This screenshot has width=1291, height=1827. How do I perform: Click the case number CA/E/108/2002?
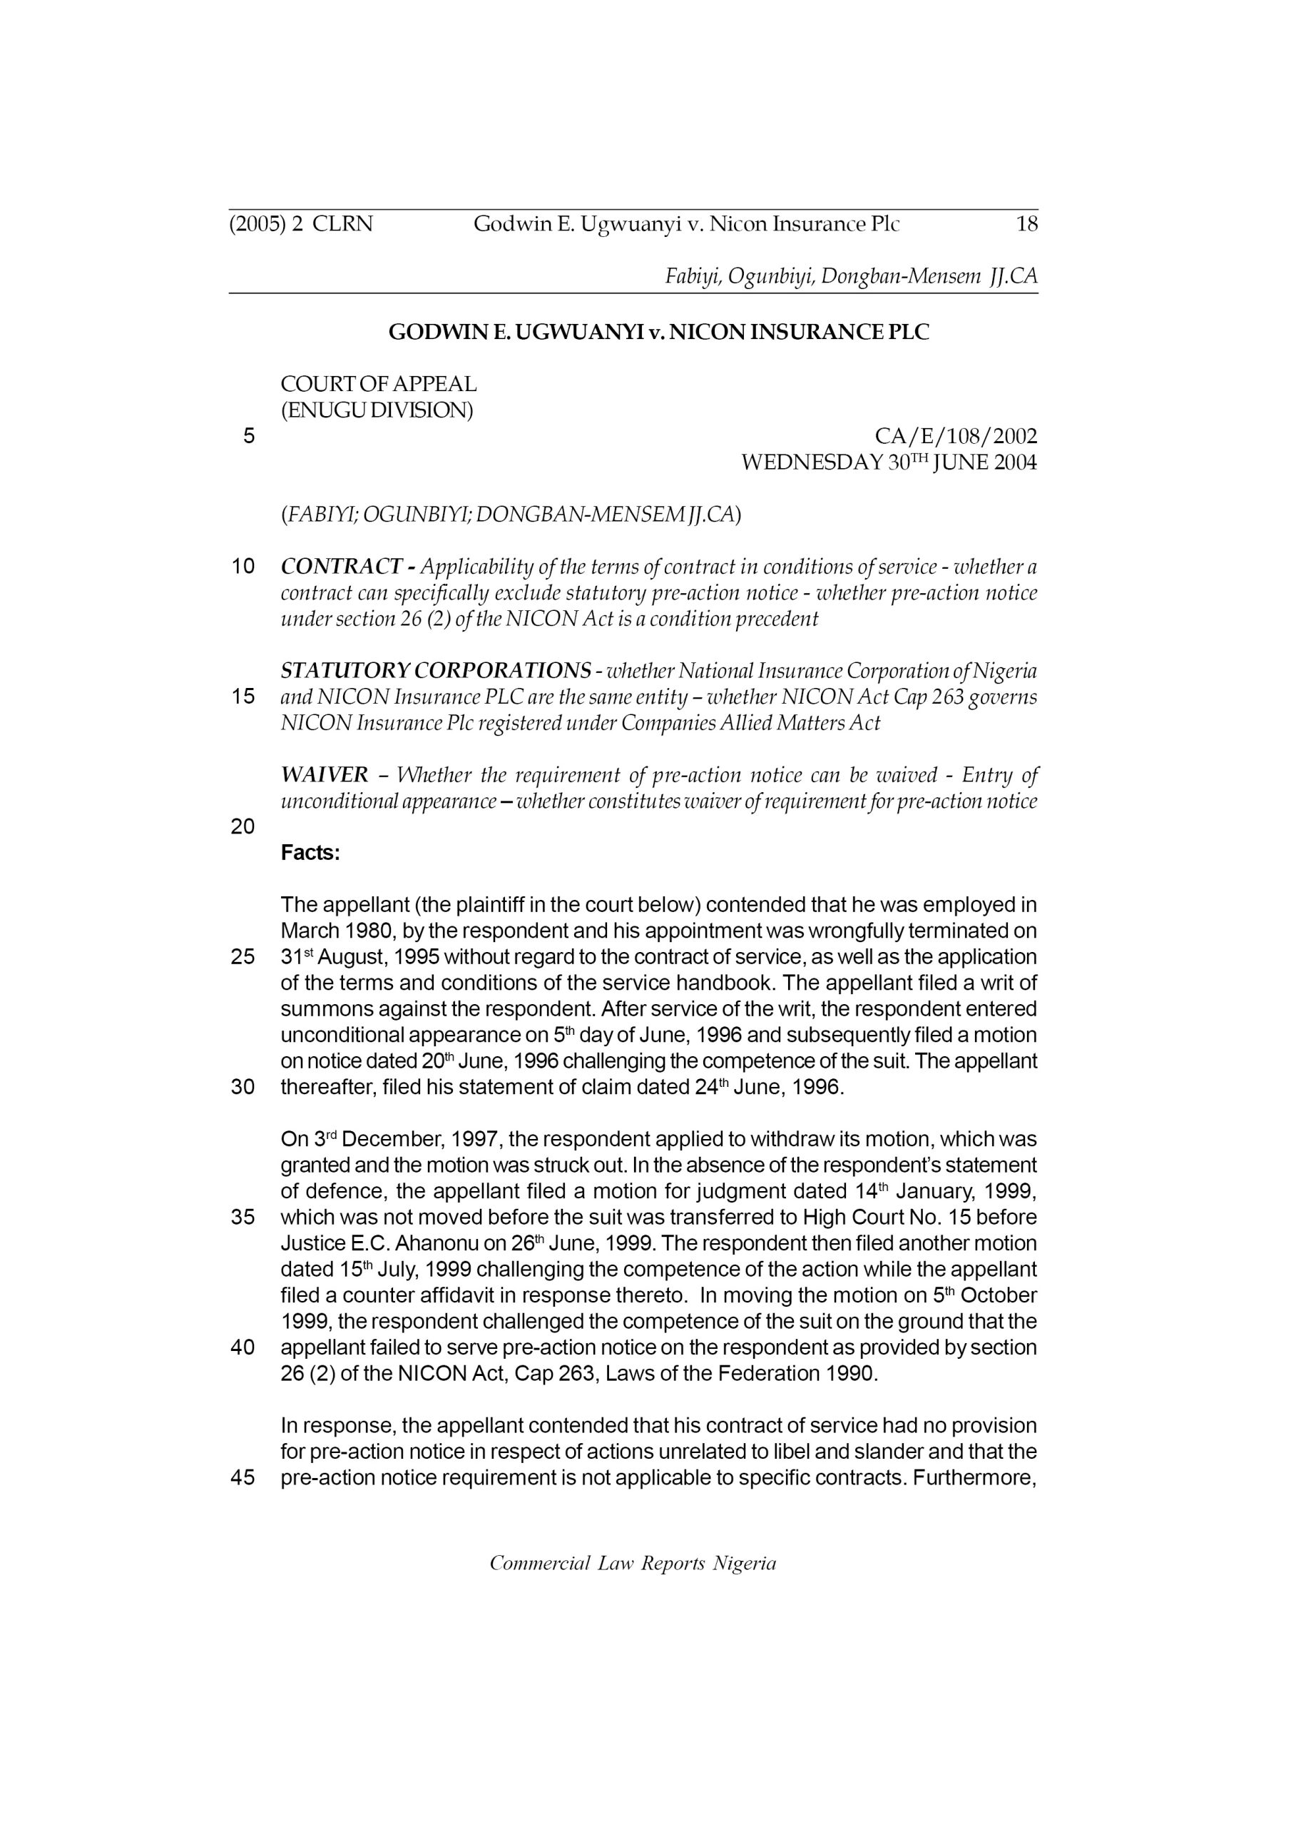tap(955, 436)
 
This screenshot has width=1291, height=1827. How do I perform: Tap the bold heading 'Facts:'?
tap(310, 853)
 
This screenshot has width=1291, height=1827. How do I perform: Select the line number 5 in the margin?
tap(249, 436)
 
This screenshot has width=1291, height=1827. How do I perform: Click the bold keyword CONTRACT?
tap(341, 567)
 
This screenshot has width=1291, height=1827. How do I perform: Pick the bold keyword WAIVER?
tap(325, 774)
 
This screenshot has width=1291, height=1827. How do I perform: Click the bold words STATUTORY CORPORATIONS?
tap(436, 670)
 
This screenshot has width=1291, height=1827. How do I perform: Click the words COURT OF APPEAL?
tap(379, 385)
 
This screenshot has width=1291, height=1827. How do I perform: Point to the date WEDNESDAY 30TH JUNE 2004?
tap(889, 462)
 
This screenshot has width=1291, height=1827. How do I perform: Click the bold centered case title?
tap(658, 332)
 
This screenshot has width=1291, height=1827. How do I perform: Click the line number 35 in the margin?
tap(243, 1218)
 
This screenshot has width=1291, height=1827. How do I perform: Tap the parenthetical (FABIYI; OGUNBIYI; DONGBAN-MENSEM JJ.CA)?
tap(511, 515)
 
